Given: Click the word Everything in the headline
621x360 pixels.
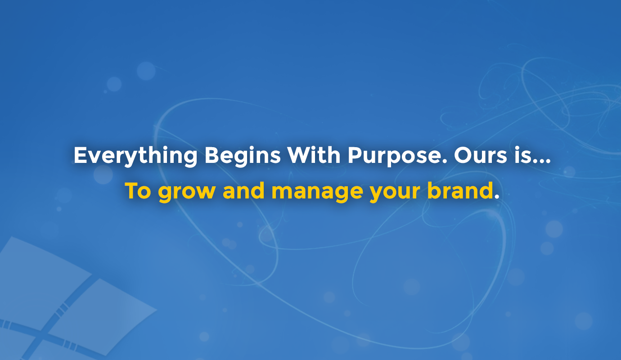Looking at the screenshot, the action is tap(135, 156).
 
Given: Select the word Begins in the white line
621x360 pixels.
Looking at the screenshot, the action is tap(243, 156).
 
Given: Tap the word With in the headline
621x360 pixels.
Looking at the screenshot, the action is tap(314, 155).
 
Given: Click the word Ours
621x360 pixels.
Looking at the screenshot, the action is tap(481, 155).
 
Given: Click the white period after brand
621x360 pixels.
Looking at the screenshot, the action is tap(496, 197).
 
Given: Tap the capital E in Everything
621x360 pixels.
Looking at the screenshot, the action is tap(81, 155).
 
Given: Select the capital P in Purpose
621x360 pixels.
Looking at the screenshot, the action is tap(355, 155).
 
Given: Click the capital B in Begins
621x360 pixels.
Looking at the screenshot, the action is tap(212, 155).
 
